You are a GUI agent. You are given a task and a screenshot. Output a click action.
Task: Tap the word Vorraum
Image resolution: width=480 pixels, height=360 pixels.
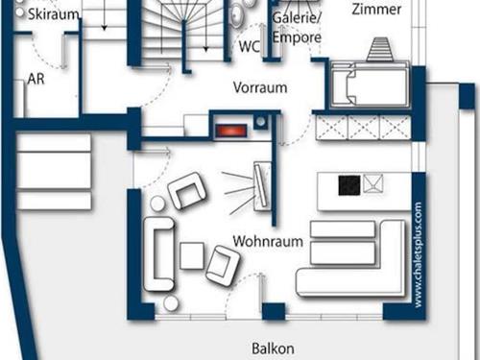260,86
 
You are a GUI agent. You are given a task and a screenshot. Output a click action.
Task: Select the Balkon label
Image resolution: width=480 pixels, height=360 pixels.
273,348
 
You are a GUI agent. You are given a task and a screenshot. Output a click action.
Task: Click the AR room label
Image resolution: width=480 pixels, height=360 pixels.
37,79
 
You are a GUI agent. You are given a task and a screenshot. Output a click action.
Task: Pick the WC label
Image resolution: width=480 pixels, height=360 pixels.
250,45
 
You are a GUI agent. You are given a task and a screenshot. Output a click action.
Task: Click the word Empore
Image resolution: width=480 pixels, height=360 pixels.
296,38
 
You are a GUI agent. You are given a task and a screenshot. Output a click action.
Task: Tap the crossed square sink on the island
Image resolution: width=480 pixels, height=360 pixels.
373,183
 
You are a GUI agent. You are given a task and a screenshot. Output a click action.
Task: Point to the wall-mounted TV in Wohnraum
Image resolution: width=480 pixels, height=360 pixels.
261,185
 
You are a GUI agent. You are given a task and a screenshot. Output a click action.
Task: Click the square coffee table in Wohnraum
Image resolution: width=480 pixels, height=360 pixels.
191,254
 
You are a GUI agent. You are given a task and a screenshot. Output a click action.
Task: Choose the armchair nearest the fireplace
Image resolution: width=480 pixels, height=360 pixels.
186,191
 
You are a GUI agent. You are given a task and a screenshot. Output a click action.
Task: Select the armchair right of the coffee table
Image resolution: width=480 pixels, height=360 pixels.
224,265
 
